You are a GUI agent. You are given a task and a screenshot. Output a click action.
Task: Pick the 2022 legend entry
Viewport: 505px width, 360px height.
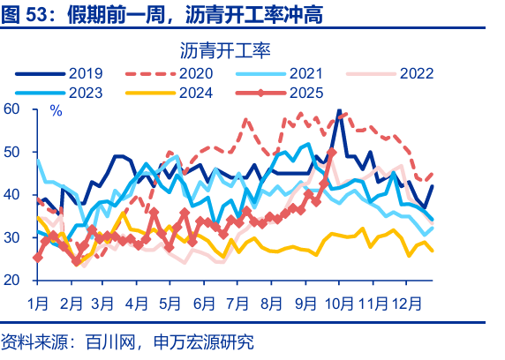[416, 73]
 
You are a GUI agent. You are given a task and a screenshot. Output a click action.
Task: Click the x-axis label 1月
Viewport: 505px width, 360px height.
[38, 304]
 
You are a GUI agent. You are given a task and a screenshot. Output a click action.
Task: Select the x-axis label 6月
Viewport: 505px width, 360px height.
[204, 304]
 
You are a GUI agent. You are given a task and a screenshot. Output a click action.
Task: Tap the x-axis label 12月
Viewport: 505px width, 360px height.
[405, 304]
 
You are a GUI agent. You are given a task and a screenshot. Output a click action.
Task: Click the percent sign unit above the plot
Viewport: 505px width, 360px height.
[56, 111]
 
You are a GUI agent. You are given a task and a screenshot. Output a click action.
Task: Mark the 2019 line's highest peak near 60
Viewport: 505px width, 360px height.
[339, 111]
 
